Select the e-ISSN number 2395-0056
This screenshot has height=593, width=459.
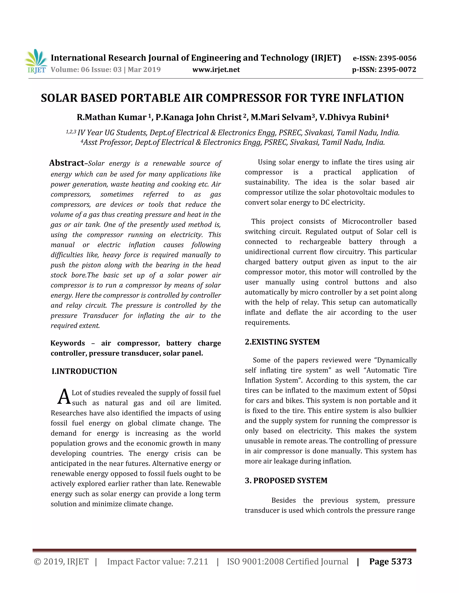click(397, 58)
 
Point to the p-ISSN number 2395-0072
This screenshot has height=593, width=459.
click(397, 70)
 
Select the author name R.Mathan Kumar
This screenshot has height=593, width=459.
click(111, 117)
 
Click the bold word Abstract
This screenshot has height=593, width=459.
click(67, 163)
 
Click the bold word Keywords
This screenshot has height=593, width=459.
click(68, 343)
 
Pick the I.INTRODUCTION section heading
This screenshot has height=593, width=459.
click(84, 371)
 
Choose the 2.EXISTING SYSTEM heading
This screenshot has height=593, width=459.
click(282, 342)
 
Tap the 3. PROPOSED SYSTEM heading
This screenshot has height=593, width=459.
click(286, 481)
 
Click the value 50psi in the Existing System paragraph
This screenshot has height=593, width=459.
click(407, 390)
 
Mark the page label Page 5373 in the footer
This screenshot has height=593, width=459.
click(390, 561)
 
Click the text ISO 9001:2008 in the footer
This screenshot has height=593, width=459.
click(255, 561)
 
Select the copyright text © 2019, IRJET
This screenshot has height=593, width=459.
click(61, 561)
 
